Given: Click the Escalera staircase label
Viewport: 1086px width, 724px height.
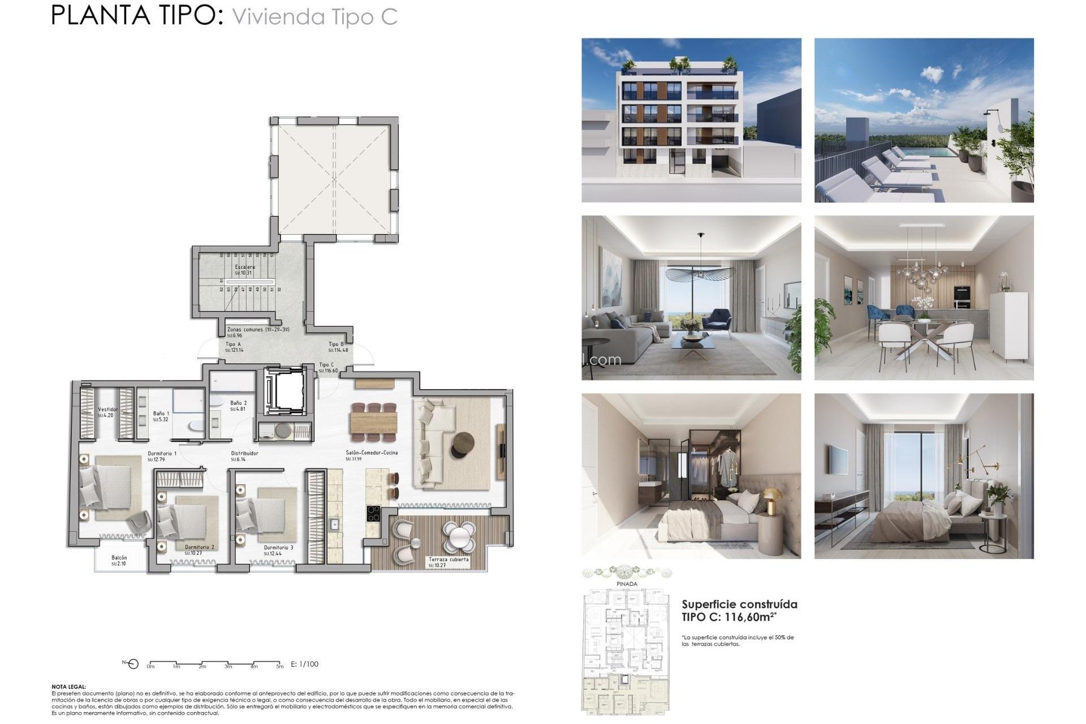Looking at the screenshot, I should tap(244, 267).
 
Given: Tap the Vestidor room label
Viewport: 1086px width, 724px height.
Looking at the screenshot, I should tap(107, 410).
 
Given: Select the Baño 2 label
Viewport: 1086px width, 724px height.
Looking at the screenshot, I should tap(238, 403).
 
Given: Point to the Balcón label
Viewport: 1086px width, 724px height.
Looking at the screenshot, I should tap(119, 558).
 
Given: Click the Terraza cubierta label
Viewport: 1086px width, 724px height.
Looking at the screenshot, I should tap(449, 559).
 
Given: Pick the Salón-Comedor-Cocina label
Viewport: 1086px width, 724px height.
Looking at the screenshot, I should tap(372, 453).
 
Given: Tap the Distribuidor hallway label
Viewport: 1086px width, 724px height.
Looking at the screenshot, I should tap(244, 454).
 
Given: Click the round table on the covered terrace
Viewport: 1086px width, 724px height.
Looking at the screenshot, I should tap(459, 535).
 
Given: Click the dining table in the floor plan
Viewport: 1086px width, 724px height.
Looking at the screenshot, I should tap(373, 422).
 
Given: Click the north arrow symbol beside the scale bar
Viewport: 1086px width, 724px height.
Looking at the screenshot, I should tap(132, 663).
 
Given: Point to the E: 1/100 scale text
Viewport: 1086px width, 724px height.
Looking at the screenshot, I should tap(304, 664).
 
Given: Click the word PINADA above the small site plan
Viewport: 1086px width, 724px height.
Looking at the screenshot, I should tap(627, 584).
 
